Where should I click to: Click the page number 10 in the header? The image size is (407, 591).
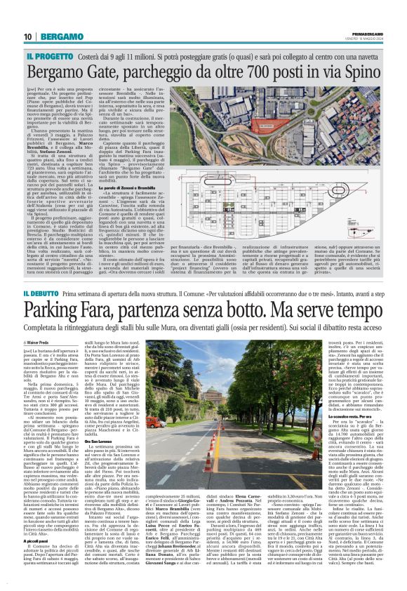pos(28,36)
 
